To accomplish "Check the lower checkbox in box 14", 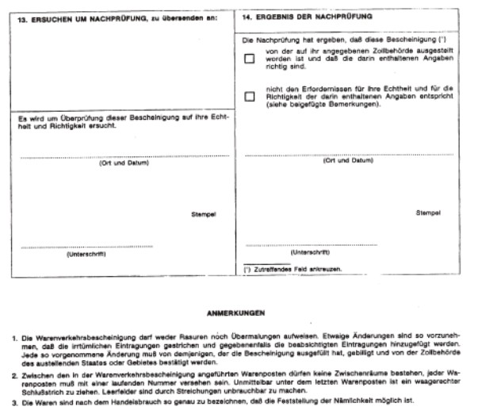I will click(x=250, y=97).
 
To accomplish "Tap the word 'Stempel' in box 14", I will click(x=429, y=213).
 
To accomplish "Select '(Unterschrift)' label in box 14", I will click(x=310, y=253).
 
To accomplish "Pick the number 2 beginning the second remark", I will click(x=10, y=367).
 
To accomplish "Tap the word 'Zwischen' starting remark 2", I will click(x=33, y=367).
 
